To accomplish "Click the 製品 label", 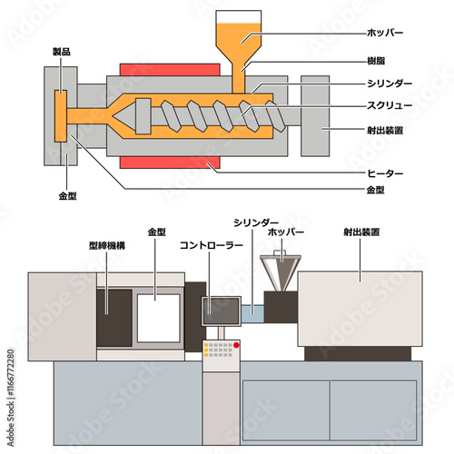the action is (62, 52).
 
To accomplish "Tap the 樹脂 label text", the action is (376, 61).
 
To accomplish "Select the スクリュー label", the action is (390, 105).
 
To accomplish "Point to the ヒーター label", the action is (385, 173).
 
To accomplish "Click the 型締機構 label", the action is (107, 245).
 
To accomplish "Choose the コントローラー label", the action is (212, 245).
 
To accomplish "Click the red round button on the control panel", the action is (236, 345).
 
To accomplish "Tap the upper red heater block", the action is (170, 70).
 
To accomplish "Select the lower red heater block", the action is (170, 163).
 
